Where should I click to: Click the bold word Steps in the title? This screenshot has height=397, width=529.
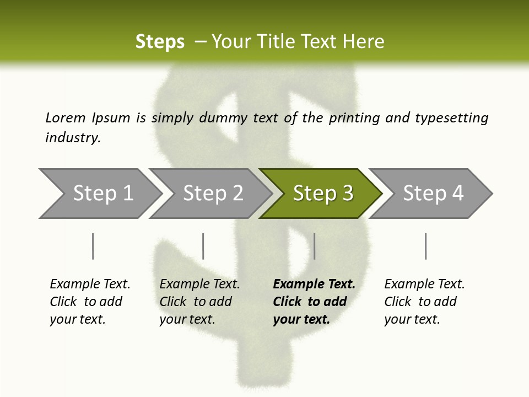click(160, 42)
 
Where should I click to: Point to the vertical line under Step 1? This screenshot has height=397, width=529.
click(93, 246)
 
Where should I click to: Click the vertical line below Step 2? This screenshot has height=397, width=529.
click(203, 246)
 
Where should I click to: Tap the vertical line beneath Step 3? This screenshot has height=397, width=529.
click(314, 246)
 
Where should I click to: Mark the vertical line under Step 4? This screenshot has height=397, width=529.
click(425, 246)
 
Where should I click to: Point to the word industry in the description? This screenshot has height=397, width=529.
click(73, 138)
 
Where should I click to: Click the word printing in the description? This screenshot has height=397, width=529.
click(353, 118)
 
